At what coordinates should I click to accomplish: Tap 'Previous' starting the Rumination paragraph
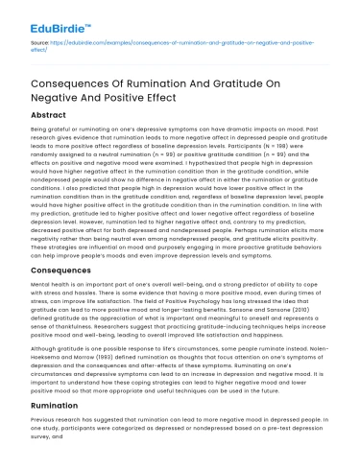point(45,419)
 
